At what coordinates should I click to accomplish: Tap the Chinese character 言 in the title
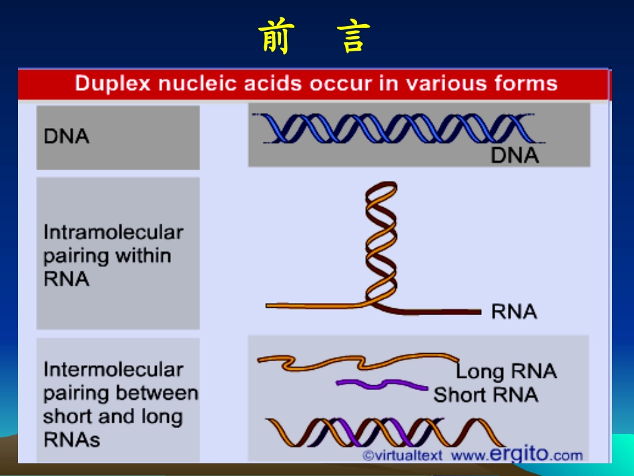[x=353, y=37]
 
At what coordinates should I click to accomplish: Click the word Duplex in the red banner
[x=113, y=84]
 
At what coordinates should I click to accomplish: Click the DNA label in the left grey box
[x=66, y=136]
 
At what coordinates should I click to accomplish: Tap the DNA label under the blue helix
[x=515, y=156]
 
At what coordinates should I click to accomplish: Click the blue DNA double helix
[x=398, y=128]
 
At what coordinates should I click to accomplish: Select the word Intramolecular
[x=113, y=232]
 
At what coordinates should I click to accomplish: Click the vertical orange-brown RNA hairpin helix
[x=381, y=242]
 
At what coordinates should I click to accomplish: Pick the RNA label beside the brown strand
[x=514, y=311]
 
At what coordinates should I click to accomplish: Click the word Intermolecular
[x=113, y=369]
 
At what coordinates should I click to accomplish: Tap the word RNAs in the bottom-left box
[x=71, y=439]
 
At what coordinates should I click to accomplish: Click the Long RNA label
[x=507, y=371]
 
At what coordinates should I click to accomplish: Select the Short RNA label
[x=486, y=395]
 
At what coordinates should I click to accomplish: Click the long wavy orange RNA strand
[x=358, y=362]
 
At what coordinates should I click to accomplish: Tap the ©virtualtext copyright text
[x=402, y=455]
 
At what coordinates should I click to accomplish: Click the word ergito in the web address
[x=519, y=454]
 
